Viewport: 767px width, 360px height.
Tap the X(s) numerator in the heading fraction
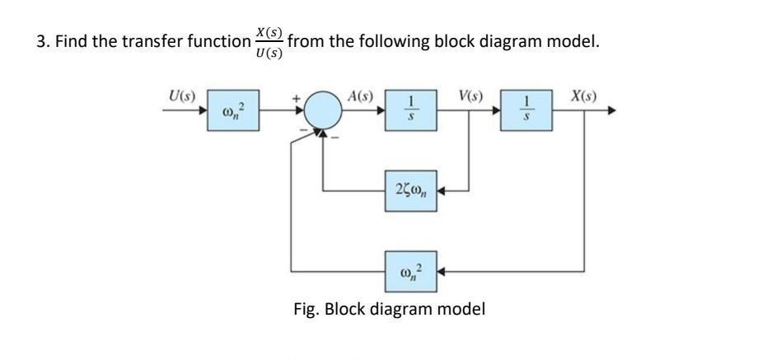pos(269,32)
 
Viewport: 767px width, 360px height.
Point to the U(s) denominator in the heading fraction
pos(269,52)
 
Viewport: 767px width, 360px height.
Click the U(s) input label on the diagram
pos(178,94)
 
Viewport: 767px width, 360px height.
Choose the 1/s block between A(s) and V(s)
pos(409,110)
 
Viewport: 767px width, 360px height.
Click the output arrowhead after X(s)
pos(611,110)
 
